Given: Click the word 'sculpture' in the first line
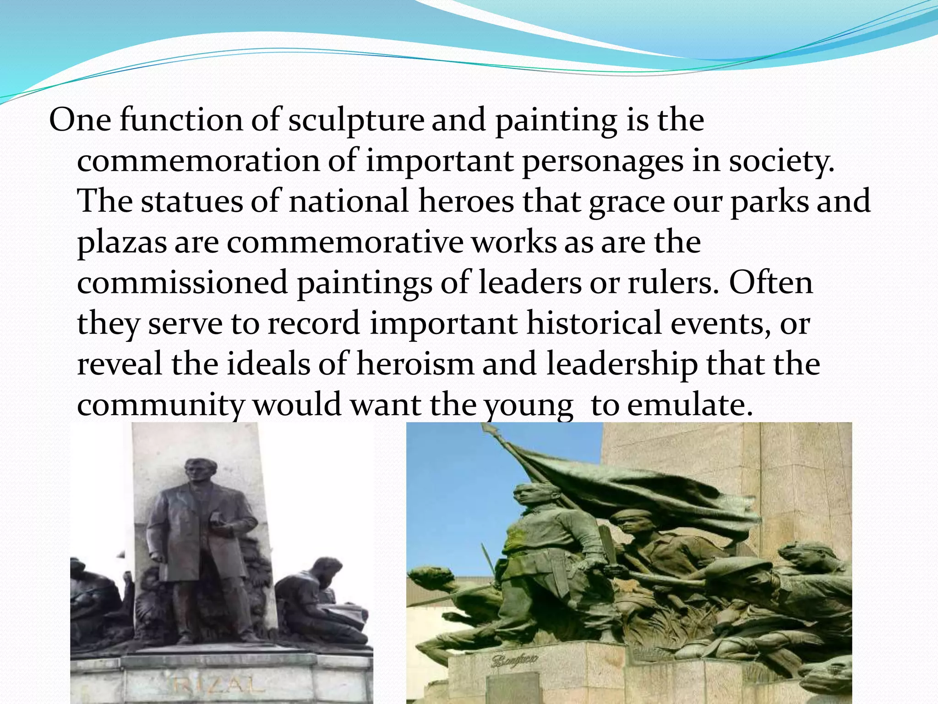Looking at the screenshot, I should point(356,121).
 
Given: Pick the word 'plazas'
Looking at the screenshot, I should point(122,243).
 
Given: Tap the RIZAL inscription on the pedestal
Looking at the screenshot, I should point(219,686).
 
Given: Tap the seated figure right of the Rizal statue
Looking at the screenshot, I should point(316,600).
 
